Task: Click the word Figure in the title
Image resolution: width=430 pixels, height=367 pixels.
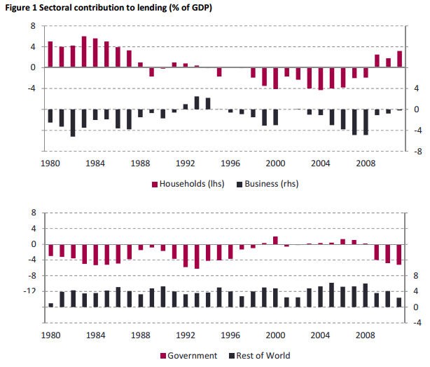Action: click(x=19, y=7)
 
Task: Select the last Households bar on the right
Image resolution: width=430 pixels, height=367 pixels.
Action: click(x=400, y=59)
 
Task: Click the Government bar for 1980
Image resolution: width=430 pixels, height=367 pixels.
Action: click(x=50, y=250)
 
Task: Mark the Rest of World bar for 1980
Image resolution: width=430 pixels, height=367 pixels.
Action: click(x=50, y=305)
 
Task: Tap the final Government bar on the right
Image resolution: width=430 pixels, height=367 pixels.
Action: click(x=400, y=255)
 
